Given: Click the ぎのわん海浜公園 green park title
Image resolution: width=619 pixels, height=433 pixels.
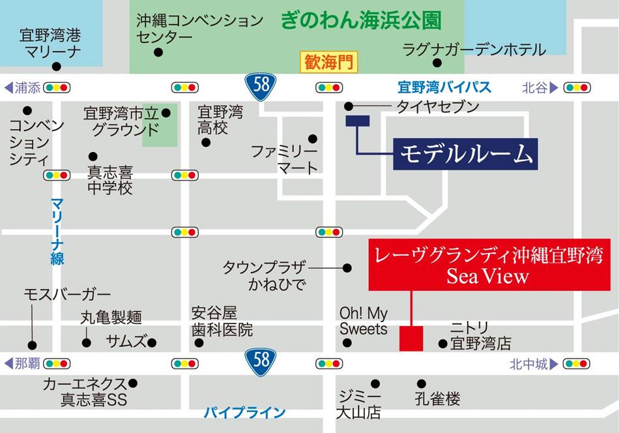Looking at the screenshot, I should point(361,20).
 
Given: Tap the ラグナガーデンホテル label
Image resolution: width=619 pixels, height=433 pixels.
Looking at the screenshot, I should point(474,49).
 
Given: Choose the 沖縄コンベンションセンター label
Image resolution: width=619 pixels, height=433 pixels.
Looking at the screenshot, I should point(199,29).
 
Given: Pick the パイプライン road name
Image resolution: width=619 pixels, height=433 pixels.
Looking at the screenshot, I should point(245,412).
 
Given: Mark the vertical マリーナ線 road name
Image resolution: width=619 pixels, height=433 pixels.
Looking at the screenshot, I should point(57,231).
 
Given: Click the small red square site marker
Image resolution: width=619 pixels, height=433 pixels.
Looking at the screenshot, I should point(411,338).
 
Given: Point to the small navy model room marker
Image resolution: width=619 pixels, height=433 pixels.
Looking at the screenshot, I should point(358,120).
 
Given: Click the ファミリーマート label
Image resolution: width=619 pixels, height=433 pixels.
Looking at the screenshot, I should point(285,160).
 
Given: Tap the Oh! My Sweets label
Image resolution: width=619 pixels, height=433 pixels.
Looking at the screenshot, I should point(364,320).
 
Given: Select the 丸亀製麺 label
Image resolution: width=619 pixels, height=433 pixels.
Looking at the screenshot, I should point(111,318).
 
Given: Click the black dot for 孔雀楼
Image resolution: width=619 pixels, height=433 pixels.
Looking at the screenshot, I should point(420,384).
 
